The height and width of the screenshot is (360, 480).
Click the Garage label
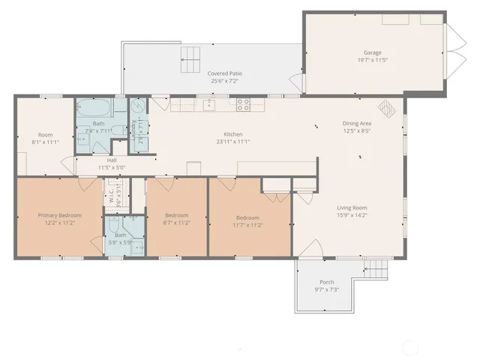tap(373, 52)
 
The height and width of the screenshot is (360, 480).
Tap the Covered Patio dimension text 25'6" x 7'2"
tap(224, 81)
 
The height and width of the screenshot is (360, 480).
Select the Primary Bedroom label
tap(60, 215)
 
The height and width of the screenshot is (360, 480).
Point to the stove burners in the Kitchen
tap(243, 105)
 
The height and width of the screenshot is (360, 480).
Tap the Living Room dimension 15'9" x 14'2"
tap(350, 215)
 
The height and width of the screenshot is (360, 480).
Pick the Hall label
tap(112, 160)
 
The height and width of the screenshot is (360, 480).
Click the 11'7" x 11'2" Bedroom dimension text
tap(247, 224)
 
